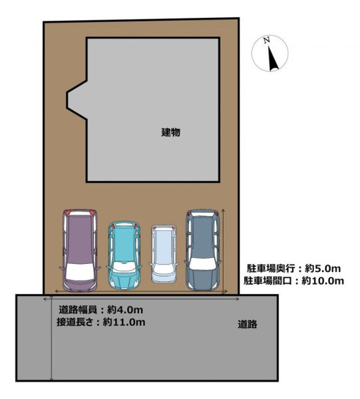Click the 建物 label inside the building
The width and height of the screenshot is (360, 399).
(x=171, y=132)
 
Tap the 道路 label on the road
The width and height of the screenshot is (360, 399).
(x=248, y=325)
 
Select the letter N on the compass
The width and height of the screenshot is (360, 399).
(x=267, y=41)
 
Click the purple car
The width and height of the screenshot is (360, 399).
(x=80, y=251)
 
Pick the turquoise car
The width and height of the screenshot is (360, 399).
(x=124, y=255)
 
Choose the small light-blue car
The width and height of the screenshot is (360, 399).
(x=164, y=254)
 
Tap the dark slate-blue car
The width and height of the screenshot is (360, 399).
(x=203, y=250)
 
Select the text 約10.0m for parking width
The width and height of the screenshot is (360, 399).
(x=323, y=281)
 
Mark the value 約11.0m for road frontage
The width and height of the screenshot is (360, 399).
(x=124, y=322)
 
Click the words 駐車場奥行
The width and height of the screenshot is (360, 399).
(x=271, y=269)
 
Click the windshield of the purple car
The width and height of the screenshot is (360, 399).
(x=80, y=271)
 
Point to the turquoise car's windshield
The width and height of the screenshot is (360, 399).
(x=124, y=267)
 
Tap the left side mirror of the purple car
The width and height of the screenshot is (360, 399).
(x=61, y=268)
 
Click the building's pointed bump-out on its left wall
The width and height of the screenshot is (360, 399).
(x=77, y=100)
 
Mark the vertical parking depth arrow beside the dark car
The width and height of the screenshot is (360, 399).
(x=224, y=251)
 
